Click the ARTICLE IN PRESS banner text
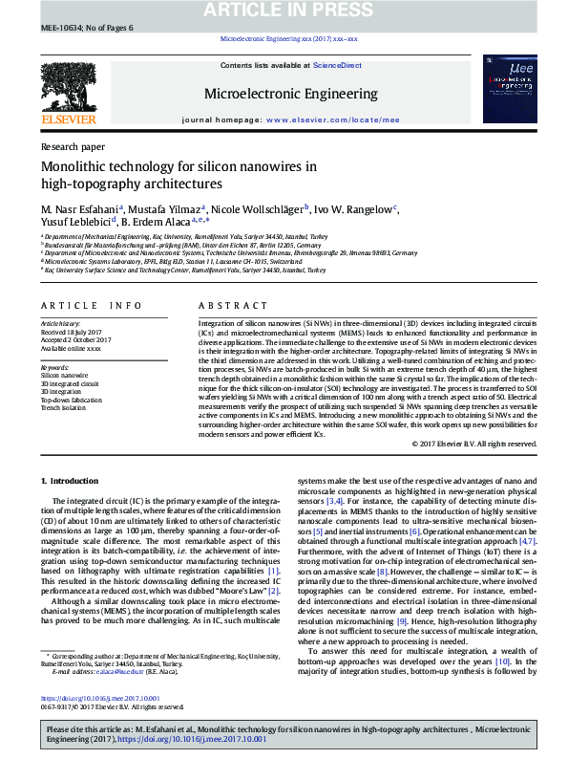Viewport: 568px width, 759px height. pyautogui.click(x=283, y=10)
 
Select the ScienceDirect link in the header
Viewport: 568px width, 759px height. pyautogui.click(x=337, y=65)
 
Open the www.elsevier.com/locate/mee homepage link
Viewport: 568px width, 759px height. pyautogui.click(x=332, y=120)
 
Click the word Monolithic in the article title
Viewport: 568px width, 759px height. pyautogui.click(x=74, y=166)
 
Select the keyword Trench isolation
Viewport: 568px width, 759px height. pyautogui.click(x=62, y=407)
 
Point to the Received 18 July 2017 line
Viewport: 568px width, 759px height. pyautogui.click(x=71, y=332)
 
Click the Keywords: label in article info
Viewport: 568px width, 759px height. pyautogui.click(x=54, y=367)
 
